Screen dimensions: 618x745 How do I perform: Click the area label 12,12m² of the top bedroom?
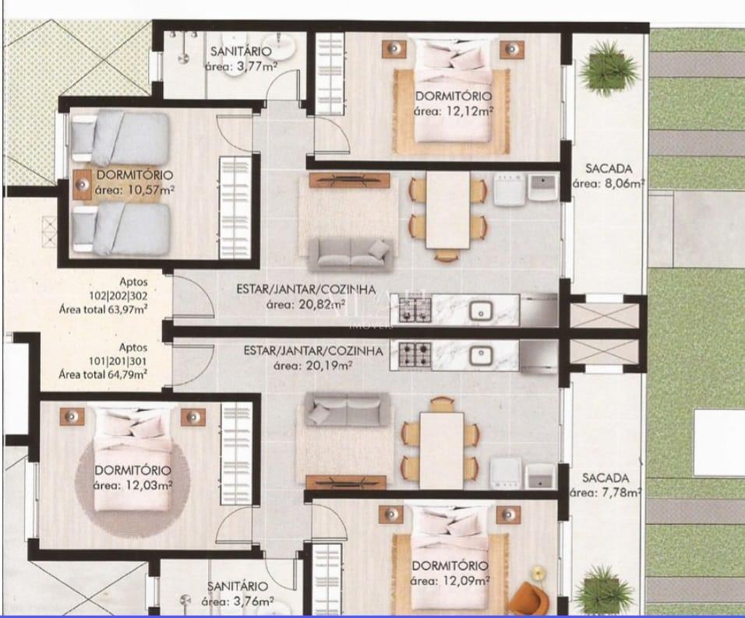[454, 111]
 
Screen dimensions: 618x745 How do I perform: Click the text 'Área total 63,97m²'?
[104, 309]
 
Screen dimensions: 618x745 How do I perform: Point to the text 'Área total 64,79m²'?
[104, 373]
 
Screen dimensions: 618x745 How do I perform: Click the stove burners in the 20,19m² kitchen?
[415, 356]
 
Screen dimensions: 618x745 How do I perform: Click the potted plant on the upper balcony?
[603, 65]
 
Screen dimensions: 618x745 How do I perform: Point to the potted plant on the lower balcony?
[602, 588]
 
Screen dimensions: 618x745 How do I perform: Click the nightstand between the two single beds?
[83, 184]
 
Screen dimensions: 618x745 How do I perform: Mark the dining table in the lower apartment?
[441, 449]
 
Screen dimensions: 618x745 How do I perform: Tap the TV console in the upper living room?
[348, 180]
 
